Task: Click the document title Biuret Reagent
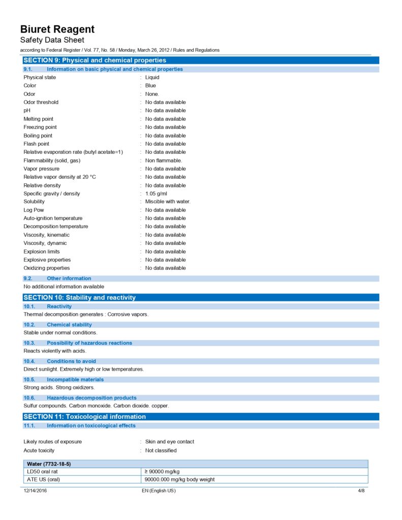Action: click(x=57, y=29)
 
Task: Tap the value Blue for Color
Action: click(x=150, y=86)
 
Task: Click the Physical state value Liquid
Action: click(x=152, y=77)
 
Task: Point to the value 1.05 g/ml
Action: click(x=156, y=193)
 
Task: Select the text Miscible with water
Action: click(x=168, y=202)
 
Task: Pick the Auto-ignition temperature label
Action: click(x=53, y=218)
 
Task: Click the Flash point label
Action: click(x=36, y=144)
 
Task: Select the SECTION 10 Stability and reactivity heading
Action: click(x=79, y=298)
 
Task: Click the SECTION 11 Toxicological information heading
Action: click(x=84, y=417)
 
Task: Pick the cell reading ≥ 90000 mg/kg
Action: click(x=162, y=472)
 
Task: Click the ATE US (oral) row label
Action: click(x=43, y=479)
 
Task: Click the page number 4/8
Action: click(x=361, y=491)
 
